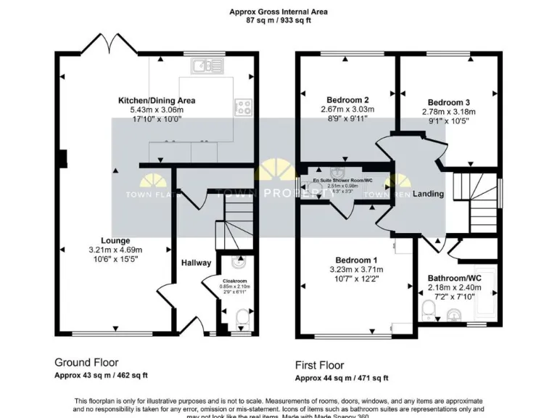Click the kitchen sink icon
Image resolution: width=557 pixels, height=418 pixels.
[x=208, y=67]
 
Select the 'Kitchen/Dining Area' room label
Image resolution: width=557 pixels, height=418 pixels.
[x=157, y=100]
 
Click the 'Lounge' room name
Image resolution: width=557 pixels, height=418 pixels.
[x=115, y=240]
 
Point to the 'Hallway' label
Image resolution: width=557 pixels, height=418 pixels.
[x=196, y=263]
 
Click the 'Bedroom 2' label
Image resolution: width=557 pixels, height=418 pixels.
[x=348, y=99]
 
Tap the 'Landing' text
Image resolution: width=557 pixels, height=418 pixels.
[x=428, y=194]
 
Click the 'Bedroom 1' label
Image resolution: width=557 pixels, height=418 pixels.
[x=355, y=260]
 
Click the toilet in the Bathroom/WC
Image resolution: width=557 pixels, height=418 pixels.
[x=429, y=311]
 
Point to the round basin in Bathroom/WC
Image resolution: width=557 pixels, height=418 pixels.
[x=454, y=315]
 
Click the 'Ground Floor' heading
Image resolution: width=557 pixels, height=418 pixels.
[x=86, y=362]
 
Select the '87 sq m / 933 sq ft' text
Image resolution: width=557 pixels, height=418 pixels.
[x=278, y=21]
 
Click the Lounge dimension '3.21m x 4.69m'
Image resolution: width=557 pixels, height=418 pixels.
[x=116, y=249]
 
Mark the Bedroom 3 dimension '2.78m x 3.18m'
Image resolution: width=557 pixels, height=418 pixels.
[x=448, y=112]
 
